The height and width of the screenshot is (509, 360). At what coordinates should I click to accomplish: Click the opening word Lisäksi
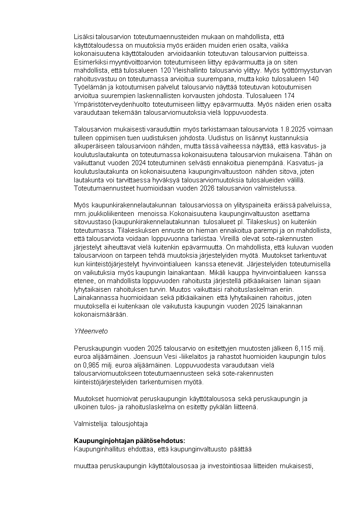coord(84,36)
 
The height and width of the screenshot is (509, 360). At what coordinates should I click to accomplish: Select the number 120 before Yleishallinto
coord(165,70)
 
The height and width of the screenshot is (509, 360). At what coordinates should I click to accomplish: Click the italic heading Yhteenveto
coord(91,331)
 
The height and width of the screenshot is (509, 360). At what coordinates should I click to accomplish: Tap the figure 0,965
coord(95,365)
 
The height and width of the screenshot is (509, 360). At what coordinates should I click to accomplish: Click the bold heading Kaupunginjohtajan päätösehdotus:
coord(130,440)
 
